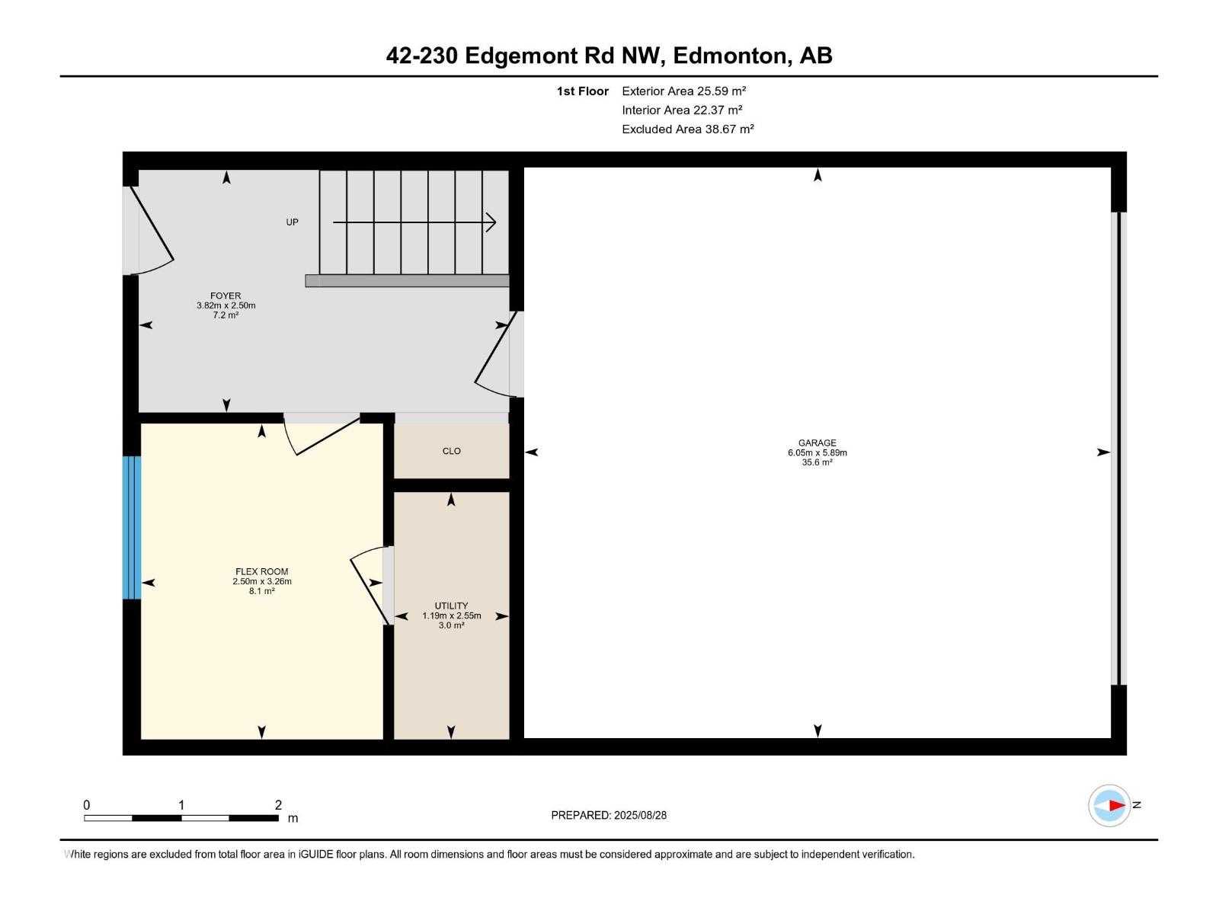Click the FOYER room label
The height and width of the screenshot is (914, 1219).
(226, 296)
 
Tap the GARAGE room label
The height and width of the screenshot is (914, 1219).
(817, 443)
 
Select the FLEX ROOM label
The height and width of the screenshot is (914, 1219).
(261, 571)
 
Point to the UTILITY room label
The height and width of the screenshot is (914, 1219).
(451, 606)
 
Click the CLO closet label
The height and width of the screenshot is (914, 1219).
(452, 451)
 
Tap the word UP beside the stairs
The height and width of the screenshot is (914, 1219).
(292, 222)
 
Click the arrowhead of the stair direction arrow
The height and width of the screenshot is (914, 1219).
(491, 222)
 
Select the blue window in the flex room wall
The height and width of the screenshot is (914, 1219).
(132, 528)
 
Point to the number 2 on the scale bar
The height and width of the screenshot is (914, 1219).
(278, 804)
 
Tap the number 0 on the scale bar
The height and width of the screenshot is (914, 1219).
(87, 804)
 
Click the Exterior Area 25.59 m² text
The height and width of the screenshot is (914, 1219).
(683, 91)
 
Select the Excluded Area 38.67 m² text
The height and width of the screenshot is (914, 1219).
(687, 129)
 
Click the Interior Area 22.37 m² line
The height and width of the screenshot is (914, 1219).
(682, 110)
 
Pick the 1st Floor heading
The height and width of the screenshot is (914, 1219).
(583, 91)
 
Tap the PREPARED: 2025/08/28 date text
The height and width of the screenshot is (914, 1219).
(609, 815)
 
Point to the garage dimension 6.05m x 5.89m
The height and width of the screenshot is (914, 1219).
(817, 453)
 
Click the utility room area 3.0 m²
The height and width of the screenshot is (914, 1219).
(451, 625)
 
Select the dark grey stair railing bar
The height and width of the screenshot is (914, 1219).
(407, 281)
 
